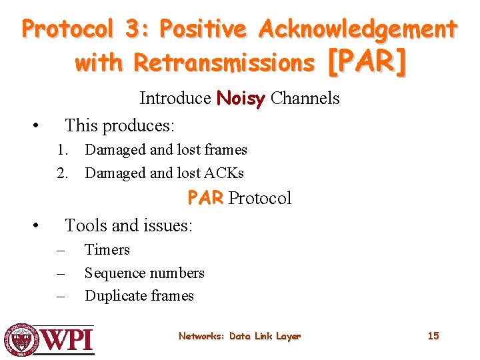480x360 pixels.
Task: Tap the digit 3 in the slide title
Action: (129, 29)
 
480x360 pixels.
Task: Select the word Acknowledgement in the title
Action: (358, 29)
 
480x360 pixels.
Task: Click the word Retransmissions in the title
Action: (223, 63)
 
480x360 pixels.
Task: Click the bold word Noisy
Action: (241, 99)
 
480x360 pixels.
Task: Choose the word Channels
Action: (305, 99)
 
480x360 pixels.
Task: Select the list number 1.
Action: (62, 150)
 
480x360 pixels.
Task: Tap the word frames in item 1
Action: (225, 150)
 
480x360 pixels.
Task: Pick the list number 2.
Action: (62, 173)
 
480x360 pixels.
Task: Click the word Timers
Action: (107, 250)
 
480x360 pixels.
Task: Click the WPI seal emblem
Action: (21, 339)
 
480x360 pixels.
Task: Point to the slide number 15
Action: (433, 336)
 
